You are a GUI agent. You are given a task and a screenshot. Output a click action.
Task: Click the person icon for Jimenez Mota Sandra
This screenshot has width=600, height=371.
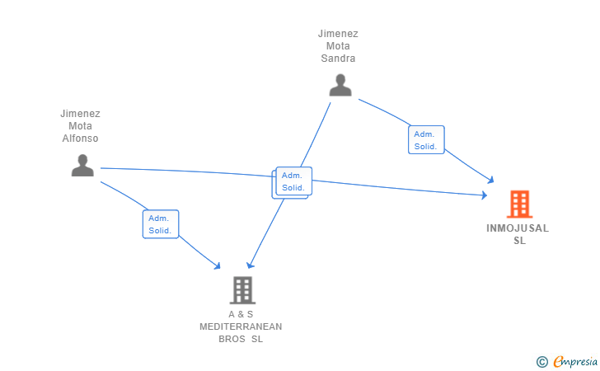340,85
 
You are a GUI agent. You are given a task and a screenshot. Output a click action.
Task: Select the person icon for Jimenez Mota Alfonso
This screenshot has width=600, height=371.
82,166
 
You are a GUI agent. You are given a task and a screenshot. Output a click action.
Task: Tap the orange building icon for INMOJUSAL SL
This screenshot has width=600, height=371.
519,204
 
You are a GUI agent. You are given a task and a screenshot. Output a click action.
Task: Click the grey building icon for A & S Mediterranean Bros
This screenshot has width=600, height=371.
242,290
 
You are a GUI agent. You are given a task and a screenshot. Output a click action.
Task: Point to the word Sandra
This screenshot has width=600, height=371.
338,59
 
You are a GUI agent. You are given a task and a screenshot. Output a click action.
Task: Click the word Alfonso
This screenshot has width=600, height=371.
81,139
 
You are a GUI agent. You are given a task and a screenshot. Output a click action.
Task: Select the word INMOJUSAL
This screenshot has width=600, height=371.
518,228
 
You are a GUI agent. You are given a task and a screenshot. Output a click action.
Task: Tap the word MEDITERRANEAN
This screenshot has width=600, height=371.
241,326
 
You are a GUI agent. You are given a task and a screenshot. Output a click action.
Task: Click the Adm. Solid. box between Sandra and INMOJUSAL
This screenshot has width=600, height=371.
426,140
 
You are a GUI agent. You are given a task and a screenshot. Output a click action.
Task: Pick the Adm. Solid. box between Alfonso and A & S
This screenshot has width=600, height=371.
161,224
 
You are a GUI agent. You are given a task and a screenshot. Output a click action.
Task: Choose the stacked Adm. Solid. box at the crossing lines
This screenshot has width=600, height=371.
293,182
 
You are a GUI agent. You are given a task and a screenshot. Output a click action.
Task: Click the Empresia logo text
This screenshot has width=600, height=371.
575,361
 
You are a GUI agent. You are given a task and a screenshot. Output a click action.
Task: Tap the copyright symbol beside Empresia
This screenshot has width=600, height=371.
542,362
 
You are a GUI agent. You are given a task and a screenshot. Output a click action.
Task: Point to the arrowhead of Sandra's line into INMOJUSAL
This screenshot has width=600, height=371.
491,180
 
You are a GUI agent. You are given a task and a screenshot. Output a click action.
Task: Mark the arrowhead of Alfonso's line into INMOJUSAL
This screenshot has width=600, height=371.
485,195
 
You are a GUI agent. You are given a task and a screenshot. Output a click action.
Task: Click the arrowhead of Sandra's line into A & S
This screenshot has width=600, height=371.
250,265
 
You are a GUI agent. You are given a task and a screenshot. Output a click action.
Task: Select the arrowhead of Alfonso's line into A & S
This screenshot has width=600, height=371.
218,265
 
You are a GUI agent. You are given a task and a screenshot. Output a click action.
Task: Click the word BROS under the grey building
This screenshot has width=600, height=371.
232,339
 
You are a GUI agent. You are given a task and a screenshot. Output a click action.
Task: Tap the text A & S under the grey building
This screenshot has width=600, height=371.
241,314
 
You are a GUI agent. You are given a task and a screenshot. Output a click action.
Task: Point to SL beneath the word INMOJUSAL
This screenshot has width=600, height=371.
519,241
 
